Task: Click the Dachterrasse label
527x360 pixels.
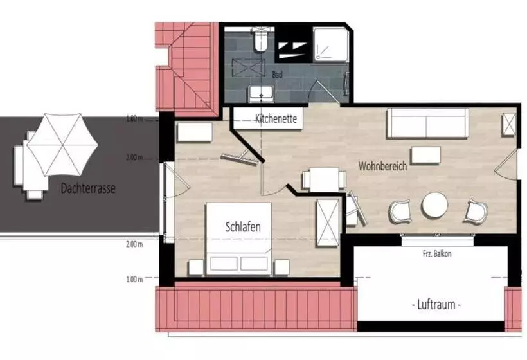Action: [x=88, y=188]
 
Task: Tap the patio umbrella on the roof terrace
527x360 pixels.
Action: [x=62, y=145]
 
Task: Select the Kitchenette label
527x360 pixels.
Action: [x=276, y=118]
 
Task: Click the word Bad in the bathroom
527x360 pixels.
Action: [x=277, y=75]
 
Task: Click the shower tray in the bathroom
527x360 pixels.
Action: [x=330, y=45]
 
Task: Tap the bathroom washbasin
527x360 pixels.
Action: [x=261, y=93]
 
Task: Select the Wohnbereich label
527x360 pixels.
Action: [x=382, y=166]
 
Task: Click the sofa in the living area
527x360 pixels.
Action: [x=427, y=123]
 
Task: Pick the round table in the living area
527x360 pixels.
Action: [x=435, y=205]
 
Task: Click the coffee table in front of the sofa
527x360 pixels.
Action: [x=426, y=155]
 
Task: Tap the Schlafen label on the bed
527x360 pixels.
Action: [x=243, y=227]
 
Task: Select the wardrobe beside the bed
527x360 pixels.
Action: [x=328, y=223]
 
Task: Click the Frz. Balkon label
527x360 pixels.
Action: [x=437, y=254]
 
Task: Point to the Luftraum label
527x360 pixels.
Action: [x=436, y=305]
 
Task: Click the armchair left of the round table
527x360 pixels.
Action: [x=400, y=212]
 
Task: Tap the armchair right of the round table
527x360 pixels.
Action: [x=476, y=212]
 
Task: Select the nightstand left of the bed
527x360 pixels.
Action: [x=196, y=267]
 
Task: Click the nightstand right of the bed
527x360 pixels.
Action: [x=281, y=267]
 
